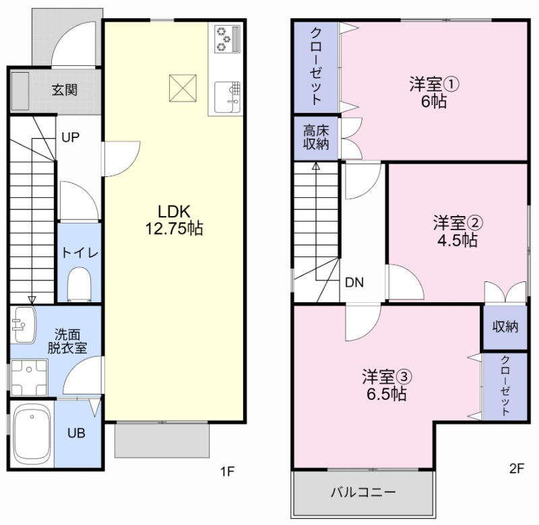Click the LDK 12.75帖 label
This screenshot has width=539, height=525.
[x=174, y=219]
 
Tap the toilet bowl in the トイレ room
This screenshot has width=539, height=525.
[x=80, y=284]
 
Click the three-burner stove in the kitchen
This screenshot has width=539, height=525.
[x=227, y=39]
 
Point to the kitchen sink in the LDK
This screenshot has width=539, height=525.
[x=227, y=97]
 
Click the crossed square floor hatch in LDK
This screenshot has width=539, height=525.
[x=183, y=88]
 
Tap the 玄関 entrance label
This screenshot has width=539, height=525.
[x=65, y=90]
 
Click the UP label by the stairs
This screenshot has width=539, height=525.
[x=71, y=137]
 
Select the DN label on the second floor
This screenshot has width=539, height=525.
[x=354, y=282]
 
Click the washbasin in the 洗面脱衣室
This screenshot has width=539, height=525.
[x=23, y=324]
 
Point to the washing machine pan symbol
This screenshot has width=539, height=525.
[x=29, y=378]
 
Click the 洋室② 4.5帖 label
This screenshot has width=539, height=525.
[x=457, y=232]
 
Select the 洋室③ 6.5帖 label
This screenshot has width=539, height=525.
[x=387, y=385]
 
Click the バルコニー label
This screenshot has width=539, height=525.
[x=363, y=493]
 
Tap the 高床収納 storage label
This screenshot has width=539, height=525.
[x=316, y=137]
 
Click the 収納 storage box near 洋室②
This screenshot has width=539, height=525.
[x=505, y=326]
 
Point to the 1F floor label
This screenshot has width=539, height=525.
[x=228, y=471]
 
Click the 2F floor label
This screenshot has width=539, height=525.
[x=517, y=468]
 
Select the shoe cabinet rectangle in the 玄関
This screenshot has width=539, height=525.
[x=20, y=90]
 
